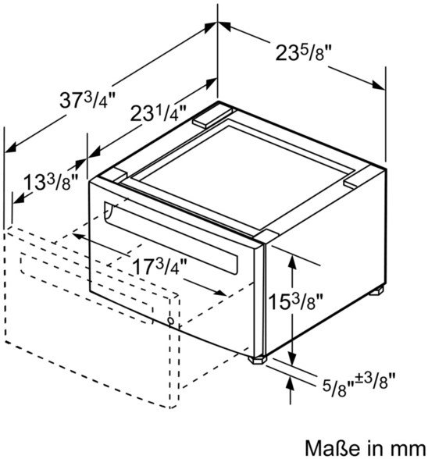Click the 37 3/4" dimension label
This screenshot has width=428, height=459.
click(x=87, y=99)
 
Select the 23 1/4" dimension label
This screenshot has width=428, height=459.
click(x=158, y=113)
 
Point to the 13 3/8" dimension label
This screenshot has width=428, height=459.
click(x=51, y=183)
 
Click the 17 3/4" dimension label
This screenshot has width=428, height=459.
click(x=159, y=266)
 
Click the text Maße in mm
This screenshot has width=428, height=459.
click(x=366, y=448)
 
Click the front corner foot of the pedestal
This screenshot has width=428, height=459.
click(x=258, y=359)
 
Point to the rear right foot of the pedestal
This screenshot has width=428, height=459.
click(x=376, y=291)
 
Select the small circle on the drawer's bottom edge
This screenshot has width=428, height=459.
click(x=170, y=321)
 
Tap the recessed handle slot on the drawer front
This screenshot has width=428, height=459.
click(x=170, y=237)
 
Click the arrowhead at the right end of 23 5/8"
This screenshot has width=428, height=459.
click(x=378, y=84)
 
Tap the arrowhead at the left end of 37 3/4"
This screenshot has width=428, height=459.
click(x=11, y=148)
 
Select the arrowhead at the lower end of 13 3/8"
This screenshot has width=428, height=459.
click(x=19, y=199)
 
